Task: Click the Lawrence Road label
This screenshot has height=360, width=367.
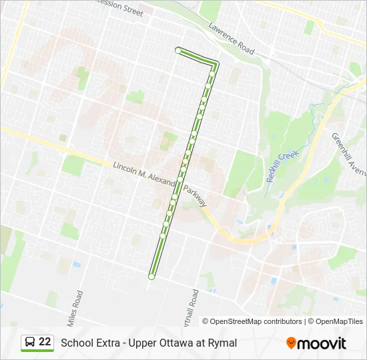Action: (x=232, y=41)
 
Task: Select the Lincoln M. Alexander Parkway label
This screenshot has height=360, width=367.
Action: (x=161, y=184)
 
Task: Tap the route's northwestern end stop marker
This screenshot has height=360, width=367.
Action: (x=178, y=50)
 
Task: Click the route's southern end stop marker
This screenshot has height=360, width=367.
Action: (x=151, y=276)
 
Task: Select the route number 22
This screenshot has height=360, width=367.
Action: (x=45, y=342)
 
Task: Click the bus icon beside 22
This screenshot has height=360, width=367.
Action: (x=31, y=343)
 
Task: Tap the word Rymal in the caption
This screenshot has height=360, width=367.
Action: (x=222, y=343)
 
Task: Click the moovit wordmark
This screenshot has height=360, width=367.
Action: (x=322, y=343)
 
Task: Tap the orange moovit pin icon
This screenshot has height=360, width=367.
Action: (x=291, y=343)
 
